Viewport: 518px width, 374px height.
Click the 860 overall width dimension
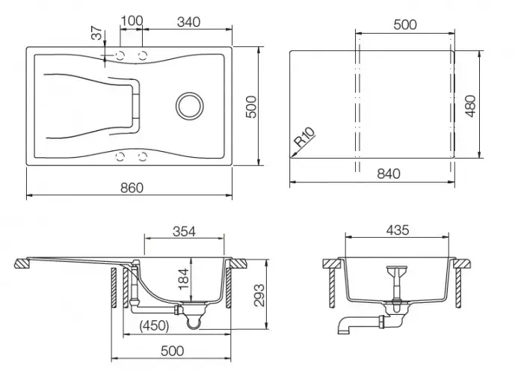pos(131,187)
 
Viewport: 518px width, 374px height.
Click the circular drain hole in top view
pos(188,104)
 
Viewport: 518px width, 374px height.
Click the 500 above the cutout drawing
pos(404,25)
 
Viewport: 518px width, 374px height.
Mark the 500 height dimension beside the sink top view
pos(252,107)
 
